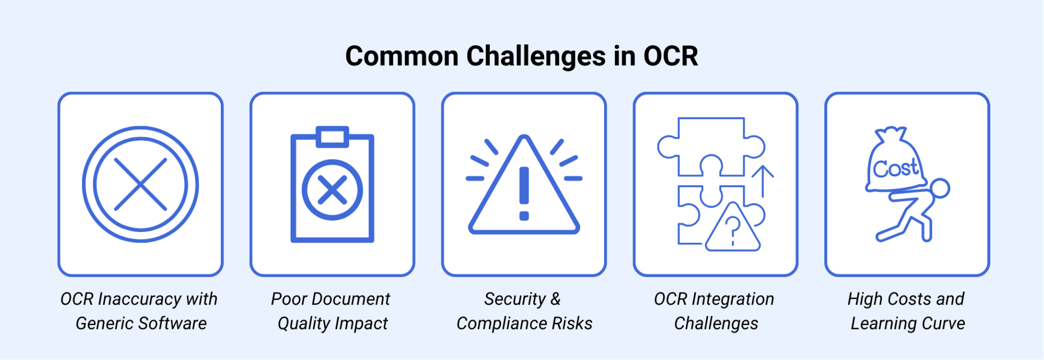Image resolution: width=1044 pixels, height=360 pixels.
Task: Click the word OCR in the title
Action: coord(670,56)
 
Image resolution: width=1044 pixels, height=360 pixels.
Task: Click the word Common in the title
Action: coord(402,56)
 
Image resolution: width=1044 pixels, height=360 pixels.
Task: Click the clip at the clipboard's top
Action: coord(332,137)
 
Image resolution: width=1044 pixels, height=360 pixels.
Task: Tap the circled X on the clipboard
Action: coord(332,190)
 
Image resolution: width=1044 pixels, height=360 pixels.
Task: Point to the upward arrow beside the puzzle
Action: coord(763,182)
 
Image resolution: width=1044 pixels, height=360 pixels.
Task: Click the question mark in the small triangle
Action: coord(733,230)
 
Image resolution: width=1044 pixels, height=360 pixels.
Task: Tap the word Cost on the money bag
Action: coord(896,168)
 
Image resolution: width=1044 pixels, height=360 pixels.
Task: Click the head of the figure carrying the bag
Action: coord(938,188)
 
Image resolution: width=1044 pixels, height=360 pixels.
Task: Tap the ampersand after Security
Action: coord(556,299)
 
